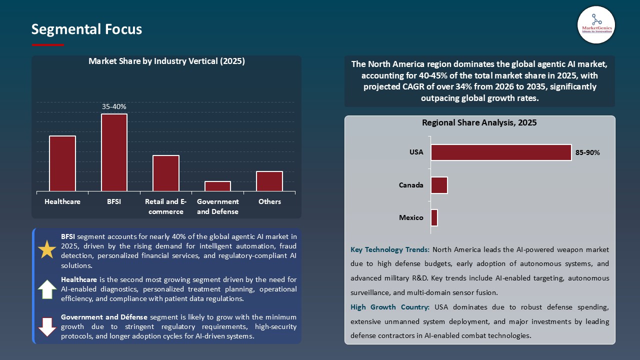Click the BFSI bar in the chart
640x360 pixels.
(114, 152)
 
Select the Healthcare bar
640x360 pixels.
(62, 163)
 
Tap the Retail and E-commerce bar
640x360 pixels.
(166, 173)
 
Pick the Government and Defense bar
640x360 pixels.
(217, 186)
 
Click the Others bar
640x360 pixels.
(269, 181)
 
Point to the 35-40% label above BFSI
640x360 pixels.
(114, 106)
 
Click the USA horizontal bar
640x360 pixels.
(501, 152)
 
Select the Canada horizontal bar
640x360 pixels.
(439, 185)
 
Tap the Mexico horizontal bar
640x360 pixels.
(434, 217)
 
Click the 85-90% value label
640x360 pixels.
(587, 152)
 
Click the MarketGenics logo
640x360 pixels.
(596, 24)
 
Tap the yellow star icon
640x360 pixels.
(47, 249)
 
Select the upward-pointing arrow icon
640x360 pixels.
(47, 289)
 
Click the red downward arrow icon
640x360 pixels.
(47, 326)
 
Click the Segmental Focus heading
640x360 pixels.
(86, 29)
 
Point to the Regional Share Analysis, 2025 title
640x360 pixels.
(479, 122)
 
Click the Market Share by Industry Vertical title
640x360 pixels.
(166, 61)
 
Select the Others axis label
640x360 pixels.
(269, 201)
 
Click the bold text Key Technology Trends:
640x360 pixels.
(390, 249)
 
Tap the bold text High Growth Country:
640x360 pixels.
(389, 307)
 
